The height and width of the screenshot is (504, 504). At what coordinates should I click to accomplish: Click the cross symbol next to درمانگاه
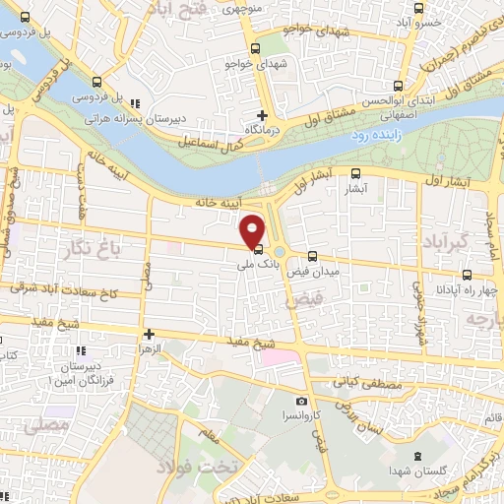point(262,115)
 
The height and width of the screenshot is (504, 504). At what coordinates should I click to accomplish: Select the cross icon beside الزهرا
point(148,334)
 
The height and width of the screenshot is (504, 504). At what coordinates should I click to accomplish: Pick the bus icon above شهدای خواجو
point(256,47)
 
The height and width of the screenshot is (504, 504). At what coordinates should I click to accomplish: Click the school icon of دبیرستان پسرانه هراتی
point(136,102)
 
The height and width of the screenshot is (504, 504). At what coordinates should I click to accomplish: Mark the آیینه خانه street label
point(219,202)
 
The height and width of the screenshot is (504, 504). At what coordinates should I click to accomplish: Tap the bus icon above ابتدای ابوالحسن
point(399,85)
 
